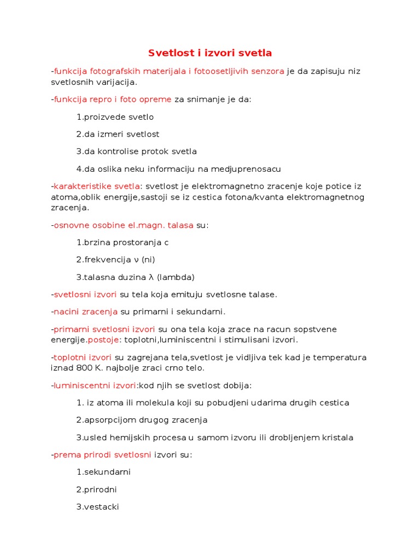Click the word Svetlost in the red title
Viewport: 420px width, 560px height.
point(168,53)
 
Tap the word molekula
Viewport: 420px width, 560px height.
point(151,403)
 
